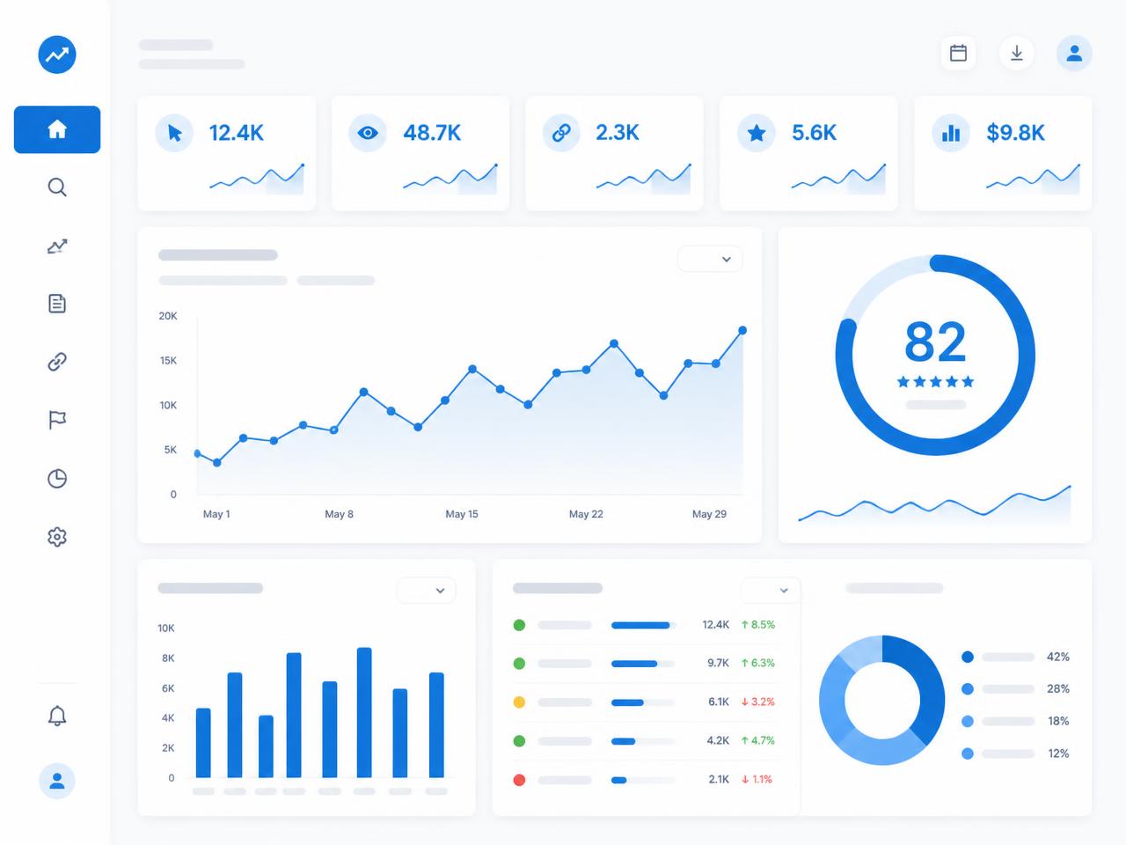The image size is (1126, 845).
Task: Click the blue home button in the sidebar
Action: (x=57, y=129)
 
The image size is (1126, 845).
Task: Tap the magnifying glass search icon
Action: (x=57, y=187)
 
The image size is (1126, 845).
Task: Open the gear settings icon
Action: (x=57, y=537)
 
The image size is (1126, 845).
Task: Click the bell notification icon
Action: (x=57, y=716)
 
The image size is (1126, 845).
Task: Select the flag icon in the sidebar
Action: (x=57, y=420)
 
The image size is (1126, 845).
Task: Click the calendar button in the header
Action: (x=958, y=53)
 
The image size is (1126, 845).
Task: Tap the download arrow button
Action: (x=1016, y=53)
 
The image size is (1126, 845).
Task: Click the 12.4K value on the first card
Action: (x=236, y=133)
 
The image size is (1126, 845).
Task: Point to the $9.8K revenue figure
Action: (x=1015, y=133)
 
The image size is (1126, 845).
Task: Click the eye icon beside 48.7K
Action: (x=368, y=134)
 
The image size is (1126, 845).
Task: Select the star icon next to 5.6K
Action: (x=757, y=134)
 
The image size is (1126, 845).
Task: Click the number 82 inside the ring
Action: (x=935, y=342)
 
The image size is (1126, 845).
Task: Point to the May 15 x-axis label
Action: (x=462, y=513)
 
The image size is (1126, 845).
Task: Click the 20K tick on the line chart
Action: (x=168, y=316)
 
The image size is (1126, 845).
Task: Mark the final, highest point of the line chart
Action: (x=742, y=330)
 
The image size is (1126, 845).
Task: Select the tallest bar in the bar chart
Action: (x=364, y=713)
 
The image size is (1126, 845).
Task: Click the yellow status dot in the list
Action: (x=519, y=702)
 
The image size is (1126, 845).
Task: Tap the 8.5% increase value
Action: (x=757, y=624)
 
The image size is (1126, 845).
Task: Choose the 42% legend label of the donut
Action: (x=1057, y=657)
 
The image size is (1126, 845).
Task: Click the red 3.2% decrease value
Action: (x=757, y=702)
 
